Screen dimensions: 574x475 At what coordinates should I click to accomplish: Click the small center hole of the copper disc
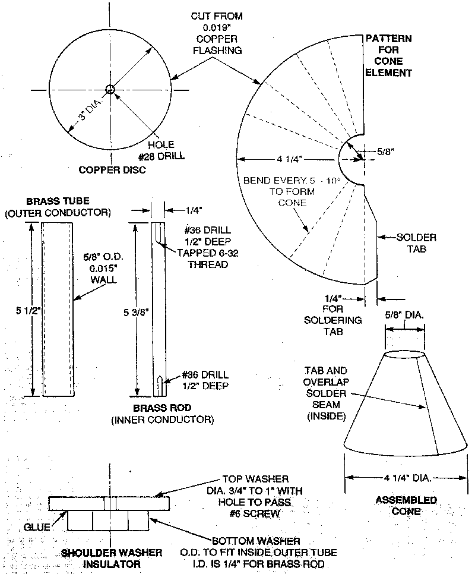click(109, 89)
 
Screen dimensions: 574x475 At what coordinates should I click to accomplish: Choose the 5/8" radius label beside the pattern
click(389, 152)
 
